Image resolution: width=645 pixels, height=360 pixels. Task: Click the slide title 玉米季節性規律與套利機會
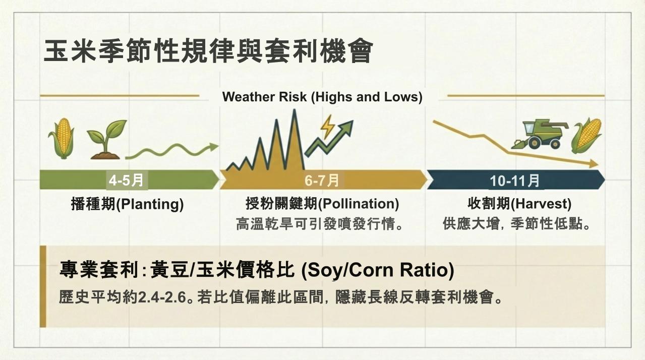(208, 51)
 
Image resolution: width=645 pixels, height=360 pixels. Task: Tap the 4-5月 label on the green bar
(126, 181)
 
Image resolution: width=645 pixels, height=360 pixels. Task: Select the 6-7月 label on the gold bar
(322, 181)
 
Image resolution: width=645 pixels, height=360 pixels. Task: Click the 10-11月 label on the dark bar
(515, 181)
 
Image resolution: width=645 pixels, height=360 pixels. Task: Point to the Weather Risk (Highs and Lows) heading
(322, 97)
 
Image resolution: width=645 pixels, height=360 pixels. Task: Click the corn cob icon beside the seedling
(62, 138)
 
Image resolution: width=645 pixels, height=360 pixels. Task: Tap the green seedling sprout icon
(106, 140)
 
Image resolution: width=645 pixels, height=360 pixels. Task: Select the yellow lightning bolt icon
(328, 127)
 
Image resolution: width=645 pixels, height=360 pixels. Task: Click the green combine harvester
(539, 134)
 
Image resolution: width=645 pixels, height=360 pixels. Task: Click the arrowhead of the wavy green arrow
(214, 147)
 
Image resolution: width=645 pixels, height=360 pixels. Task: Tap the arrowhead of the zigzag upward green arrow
(347, 127)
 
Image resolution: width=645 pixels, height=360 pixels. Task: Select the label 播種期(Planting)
(127, 204)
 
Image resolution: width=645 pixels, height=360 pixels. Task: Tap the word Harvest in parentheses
(541, 204)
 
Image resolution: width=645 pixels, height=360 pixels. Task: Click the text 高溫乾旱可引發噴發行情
(315, 224)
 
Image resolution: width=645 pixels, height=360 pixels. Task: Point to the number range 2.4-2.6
(162, 297)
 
